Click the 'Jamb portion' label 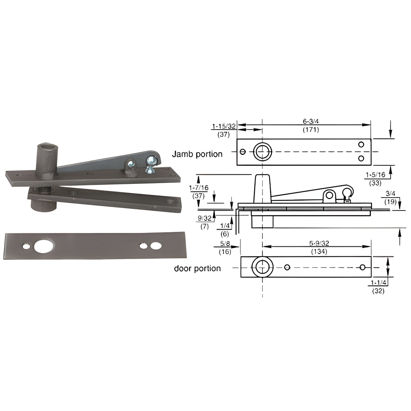[197, 154]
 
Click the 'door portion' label [197, 269]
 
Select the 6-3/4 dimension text [311, 121]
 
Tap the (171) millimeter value [311, 130]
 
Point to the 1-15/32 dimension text [224, 126]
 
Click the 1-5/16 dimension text [375, 175]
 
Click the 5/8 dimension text [225, 244]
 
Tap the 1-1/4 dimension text [378, 283]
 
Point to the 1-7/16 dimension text [199, 188]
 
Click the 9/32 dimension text [205, 218]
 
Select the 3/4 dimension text [390, 194]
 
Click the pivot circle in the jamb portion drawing [262, 152]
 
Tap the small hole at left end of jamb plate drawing [243, 152]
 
